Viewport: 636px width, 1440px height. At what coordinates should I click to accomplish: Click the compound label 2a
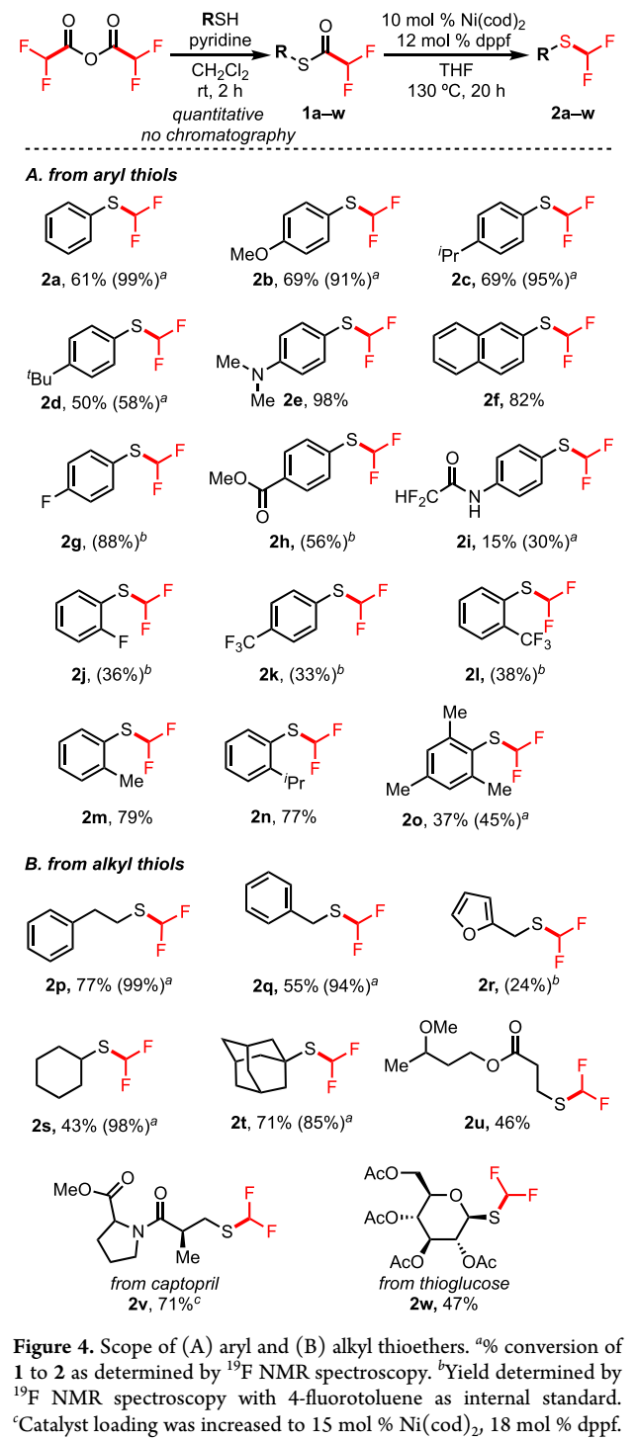(51, 280)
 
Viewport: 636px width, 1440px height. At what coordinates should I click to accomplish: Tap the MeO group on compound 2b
(249, 254)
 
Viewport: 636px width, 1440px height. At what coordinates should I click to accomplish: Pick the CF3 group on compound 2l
(536, 640)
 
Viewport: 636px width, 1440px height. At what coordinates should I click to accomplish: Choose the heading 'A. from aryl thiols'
(101, 175)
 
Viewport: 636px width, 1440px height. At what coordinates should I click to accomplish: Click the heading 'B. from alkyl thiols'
(104, 864)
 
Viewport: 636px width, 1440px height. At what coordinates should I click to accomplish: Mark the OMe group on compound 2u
(438, 1027)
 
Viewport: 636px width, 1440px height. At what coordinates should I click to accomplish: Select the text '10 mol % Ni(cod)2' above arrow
(453, 21)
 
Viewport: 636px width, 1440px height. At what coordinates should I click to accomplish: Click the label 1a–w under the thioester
(323, 114)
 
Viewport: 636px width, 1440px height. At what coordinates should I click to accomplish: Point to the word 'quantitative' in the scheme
(218, 115)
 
